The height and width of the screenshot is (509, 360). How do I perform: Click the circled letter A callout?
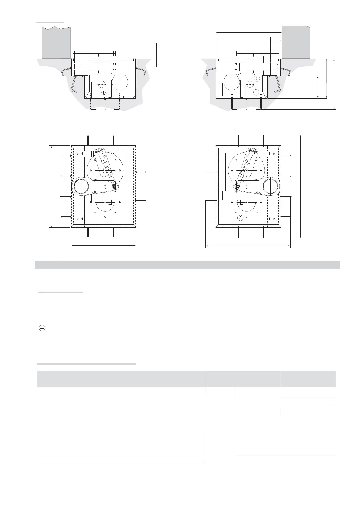pos(240,218)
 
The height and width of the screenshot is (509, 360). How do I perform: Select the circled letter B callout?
pos(256,92)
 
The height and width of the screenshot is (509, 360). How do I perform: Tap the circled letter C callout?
pos(257,79)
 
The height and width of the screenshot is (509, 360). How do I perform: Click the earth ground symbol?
pos(42,328)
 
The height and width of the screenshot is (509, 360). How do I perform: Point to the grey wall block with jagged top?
pos(56,42)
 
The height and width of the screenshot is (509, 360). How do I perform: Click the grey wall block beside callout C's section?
pos(296,42)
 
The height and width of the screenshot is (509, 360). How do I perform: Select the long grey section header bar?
pos(187,265)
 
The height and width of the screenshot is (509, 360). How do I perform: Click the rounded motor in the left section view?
pos(120,82)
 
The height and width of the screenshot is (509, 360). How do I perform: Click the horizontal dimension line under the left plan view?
pos(103,246)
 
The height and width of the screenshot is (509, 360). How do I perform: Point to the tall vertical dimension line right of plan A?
pos(301,186)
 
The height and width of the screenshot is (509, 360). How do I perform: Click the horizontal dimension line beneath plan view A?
pos(248,245)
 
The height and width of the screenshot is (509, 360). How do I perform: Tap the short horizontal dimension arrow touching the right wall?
pos(276,41)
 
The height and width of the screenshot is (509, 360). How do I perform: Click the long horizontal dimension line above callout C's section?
pos(249,33)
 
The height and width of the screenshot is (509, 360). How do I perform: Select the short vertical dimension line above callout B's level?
pos(318,87)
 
